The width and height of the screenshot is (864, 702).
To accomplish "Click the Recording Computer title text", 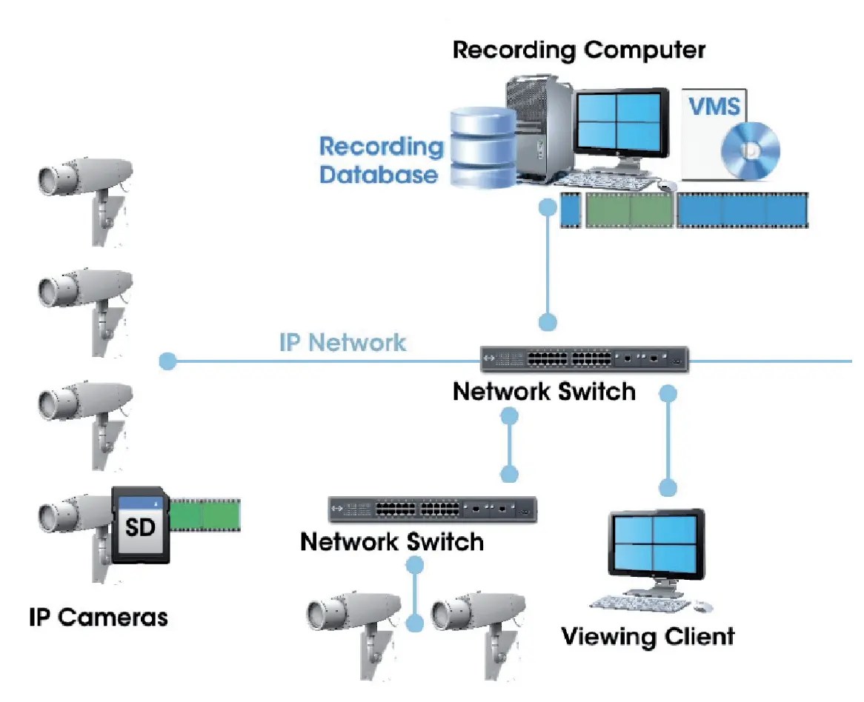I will click(579, 50).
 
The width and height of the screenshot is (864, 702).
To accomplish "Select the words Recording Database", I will click(379, 160).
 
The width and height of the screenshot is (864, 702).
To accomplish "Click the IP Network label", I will click(342, 343).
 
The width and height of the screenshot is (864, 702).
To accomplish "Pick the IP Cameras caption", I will click(98, 617).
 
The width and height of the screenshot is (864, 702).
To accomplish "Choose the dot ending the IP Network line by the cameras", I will click(167, 361).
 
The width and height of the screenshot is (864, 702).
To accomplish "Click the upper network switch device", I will click(584, 360).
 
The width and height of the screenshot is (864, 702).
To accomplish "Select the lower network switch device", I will click(433, 509).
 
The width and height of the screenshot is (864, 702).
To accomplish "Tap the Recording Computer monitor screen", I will click(619, 124).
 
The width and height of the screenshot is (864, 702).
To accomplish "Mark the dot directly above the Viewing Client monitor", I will click(668, 487).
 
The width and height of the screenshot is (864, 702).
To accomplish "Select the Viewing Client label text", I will click(648, 636).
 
